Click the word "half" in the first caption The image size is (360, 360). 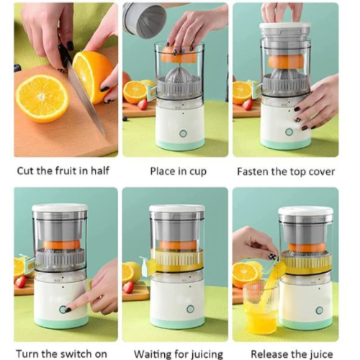click(100, 171)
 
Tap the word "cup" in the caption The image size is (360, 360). click(198, 172)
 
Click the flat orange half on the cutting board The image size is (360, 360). click(42, 98)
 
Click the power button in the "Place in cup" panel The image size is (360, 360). click(183, 133)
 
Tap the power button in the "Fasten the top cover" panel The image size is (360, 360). click(289, 132)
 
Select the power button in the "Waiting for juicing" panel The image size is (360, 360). click(190, 309)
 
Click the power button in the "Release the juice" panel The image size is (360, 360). click(320, 310)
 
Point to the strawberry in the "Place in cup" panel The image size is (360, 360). click(143, 104)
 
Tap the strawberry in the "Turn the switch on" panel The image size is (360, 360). click(21, 282)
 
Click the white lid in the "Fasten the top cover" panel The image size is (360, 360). click(285, 26)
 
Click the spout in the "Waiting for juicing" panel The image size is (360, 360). click(147, 266)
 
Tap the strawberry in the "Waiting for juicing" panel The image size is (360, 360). click(129, 287)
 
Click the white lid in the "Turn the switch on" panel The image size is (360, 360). click(60, 207)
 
